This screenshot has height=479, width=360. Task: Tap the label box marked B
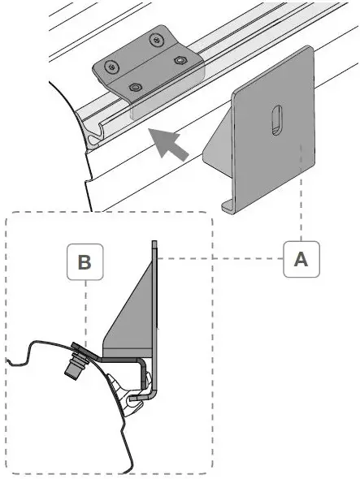[84, 262]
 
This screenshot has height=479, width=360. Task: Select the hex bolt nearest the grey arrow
[135, 85]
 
